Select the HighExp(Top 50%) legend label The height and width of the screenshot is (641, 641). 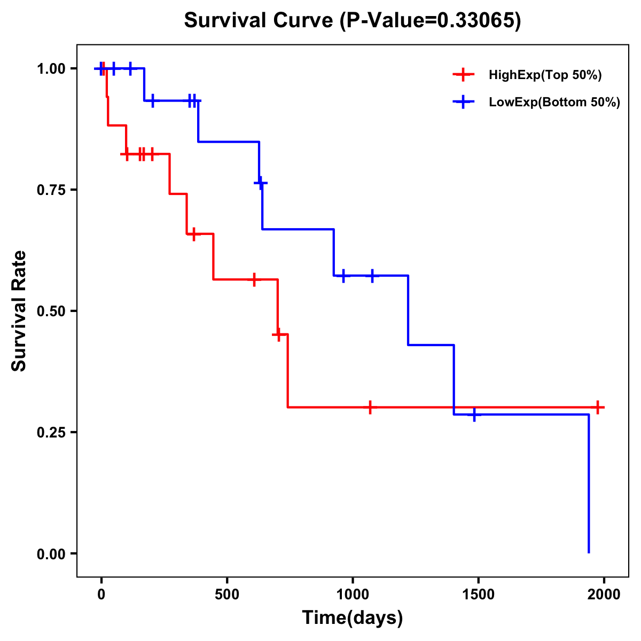click(545, 75)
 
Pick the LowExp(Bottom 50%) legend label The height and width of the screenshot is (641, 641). click(554, 103)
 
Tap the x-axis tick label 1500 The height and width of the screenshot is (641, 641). click(478, 595)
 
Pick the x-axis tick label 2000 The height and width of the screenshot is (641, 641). click(604, 595)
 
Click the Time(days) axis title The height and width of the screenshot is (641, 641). click(353, 618)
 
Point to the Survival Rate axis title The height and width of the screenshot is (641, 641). click(20, 311)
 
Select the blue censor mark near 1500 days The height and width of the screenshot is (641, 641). click(474, 415)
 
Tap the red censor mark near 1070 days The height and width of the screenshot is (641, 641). click(370, 407)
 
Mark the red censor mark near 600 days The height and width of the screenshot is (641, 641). click(254, 279)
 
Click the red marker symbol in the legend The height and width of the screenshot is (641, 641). click(464, 75)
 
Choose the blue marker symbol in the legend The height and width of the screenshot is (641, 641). click(464, 102)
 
